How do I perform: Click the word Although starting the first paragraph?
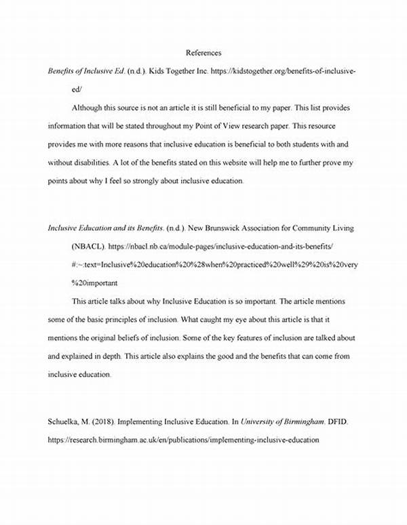coord(92,108)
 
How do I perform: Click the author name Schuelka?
coord(66,421)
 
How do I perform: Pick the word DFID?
coord(341,421)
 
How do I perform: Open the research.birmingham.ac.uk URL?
coord(184,439)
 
